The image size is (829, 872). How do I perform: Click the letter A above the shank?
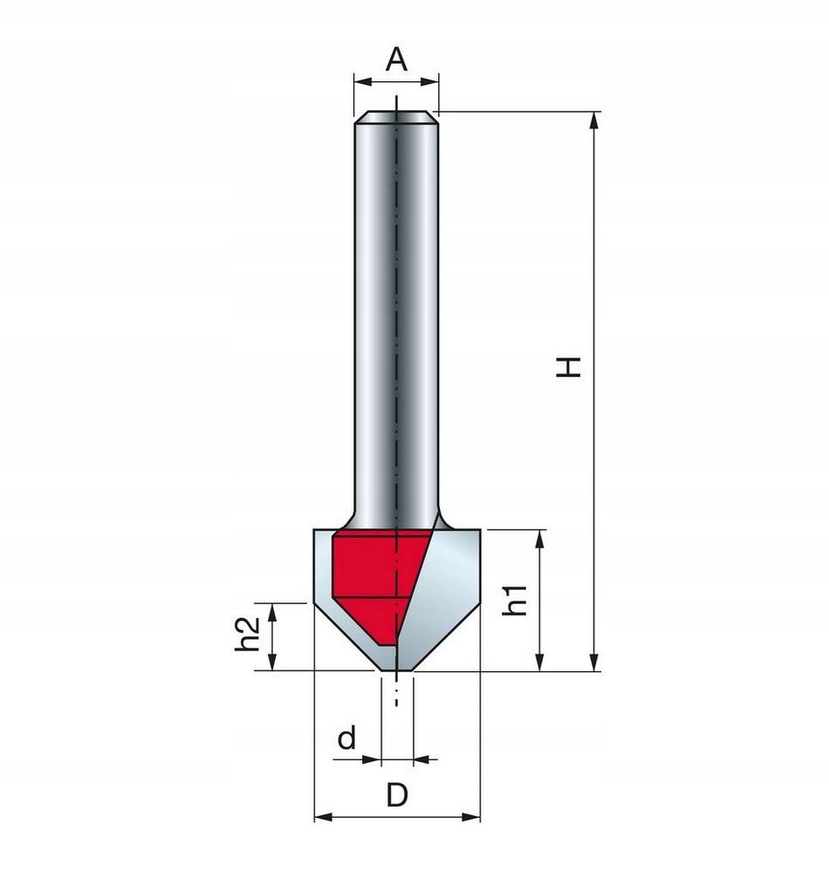point(396,59)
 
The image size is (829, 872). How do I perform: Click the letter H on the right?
point(569,366)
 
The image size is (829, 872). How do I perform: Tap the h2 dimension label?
point(250,635)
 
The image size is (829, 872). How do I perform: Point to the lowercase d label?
point(347,738)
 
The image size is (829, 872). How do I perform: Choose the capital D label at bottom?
point(397,794)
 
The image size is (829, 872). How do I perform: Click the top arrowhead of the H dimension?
point(594,120)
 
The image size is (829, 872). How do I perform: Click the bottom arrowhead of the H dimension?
point(594,663)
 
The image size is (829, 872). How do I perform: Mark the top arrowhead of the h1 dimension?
point(540,539)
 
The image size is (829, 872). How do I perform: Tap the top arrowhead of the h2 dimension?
point(275,611)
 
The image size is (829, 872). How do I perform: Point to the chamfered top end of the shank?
point(396,116)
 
